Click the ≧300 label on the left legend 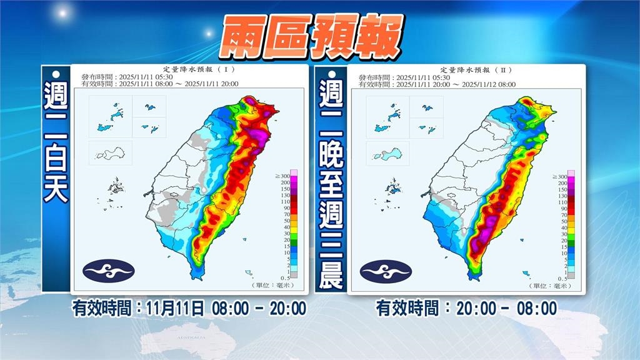point(286,177)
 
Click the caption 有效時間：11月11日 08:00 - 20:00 point(189,308)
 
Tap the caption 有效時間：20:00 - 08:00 point(466,308)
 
